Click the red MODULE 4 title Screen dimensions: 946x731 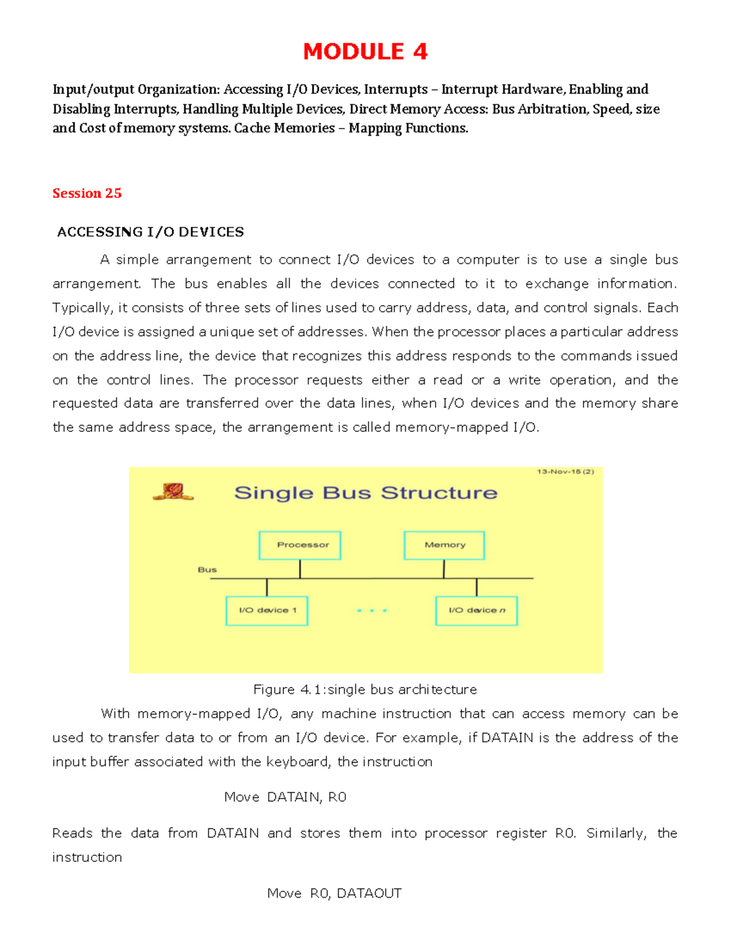tap(365, 52)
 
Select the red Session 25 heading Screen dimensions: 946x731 tap(87, 193)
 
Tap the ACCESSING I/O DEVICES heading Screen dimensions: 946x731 tap(150, 232)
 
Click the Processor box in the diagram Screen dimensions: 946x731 tap(300, 545)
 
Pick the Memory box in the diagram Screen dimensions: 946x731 tap(444, 545)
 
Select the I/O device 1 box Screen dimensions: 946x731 tap(267, 610)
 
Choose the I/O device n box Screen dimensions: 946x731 tap(476, 610)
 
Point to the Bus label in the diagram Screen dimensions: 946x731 tap(207, 570)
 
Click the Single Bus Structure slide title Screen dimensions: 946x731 tap(365, 493)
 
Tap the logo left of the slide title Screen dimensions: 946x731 tap(173, 492)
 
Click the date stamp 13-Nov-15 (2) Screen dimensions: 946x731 tap(565, 471)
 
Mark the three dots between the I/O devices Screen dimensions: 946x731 tap(372, 610)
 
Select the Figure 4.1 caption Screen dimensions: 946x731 tap(365, 690)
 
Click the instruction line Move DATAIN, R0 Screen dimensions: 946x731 tap(285, 797)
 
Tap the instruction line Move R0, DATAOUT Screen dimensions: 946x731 tap(334, 894)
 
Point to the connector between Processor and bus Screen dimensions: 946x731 tap(300, 569)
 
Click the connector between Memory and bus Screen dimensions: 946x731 tap(444, 569)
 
